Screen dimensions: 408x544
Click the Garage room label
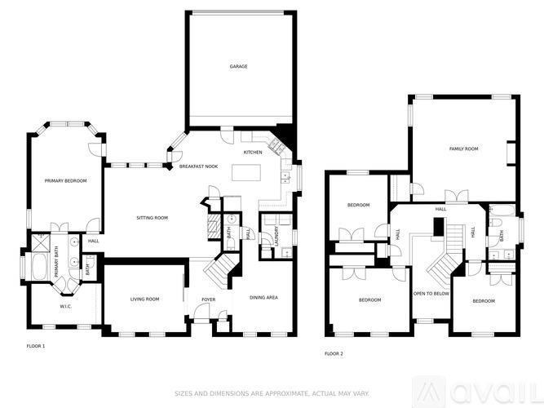[238, 67]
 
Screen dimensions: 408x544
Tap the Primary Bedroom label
[66, 180]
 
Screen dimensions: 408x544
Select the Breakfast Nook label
[199, 166]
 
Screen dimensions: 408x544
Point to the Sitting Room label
[152, 218]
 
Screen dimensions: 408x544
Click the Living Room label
[144, 299]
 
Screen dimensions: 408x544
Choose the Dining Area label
[263, 298]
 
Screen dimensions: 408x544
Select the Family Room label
[463, 149]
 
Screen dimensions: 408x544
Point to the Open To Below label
[431, 293]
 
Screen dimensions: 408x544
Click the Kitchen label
[253, 153]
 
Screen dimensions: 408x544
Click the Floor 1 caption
[35, 347]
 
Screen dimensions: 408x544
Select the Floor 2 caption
[334, 354]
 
